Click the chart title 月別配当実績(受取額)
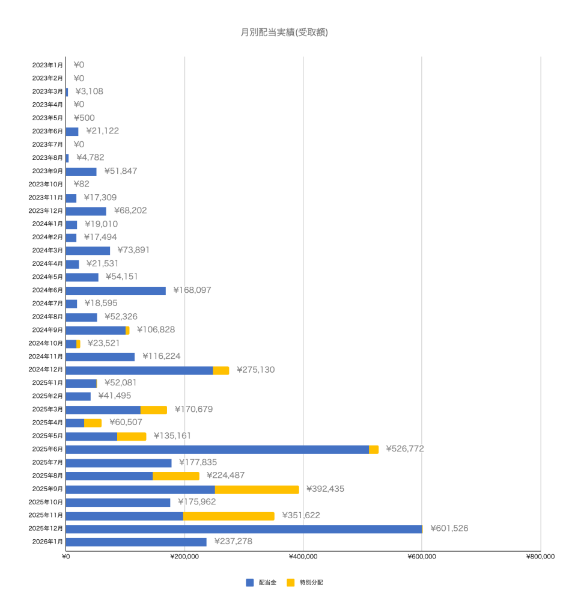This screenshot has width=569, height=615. [284, 32]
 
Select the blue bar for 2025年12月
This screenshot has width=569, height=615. [243, 529]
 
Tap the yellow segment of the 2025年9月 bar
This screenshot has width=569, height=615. [257, 489]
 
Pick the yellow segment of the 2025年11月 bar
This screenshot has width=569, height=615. [228, 516]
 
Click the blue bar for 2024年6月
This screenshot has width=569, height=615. [115, 290]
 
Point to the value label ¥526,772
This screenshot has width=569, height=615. [404, 449]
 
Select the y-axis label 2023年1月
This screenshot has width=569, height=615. [47, 65]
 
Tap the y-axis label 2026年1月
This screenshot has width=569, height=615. [47, 542]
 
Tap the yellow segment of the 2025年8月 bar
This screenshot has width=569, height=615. [175, 476]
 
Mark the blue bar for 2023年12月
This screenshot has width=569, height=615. [86, 211]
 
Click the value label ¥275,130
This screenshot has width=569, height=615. [255, 370]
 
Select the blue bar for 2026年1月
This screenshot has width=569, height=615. [136, 542]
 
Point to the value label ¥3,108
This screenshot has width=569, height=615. [90, 92]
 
